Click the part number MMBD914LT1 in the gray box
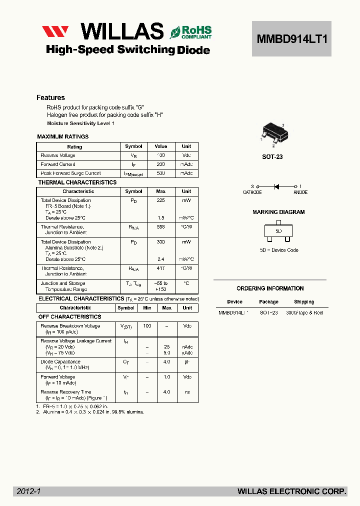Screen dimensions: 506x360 (292, 38)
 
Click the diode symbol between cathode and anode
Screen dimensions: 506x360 (276, 186)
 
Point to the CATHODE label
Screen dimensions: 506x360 (252, 192)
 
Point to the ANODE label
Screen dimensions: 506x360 (300, 192)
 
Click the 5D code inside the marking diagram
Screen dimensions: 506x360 (278, 231)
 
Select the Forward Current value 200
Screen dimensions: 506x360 (160, 164)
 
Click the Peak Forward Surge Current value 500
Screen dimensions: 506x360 (160, 173)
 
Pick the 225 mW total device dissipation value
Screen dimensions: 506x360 (160, 200)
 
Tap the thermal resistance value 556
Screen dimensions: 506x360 (160, 226)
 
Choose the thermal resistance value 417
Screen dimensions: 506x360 (160, 268)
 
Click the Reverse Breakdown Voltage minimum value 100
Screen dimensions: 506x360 (147, 326)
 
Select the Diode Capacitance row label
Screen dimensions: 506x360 (60, 361)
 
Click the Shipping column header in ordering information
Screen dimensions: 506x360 (304, 302)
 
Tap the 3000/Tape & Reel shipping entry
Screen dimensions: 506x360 (304, 312)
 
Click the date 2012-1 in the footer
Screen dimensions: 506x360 (28, 491)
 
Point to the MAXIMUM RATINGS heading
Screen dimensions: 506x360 (63, 136)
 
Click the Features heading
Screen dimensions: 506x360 (50, 97)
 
